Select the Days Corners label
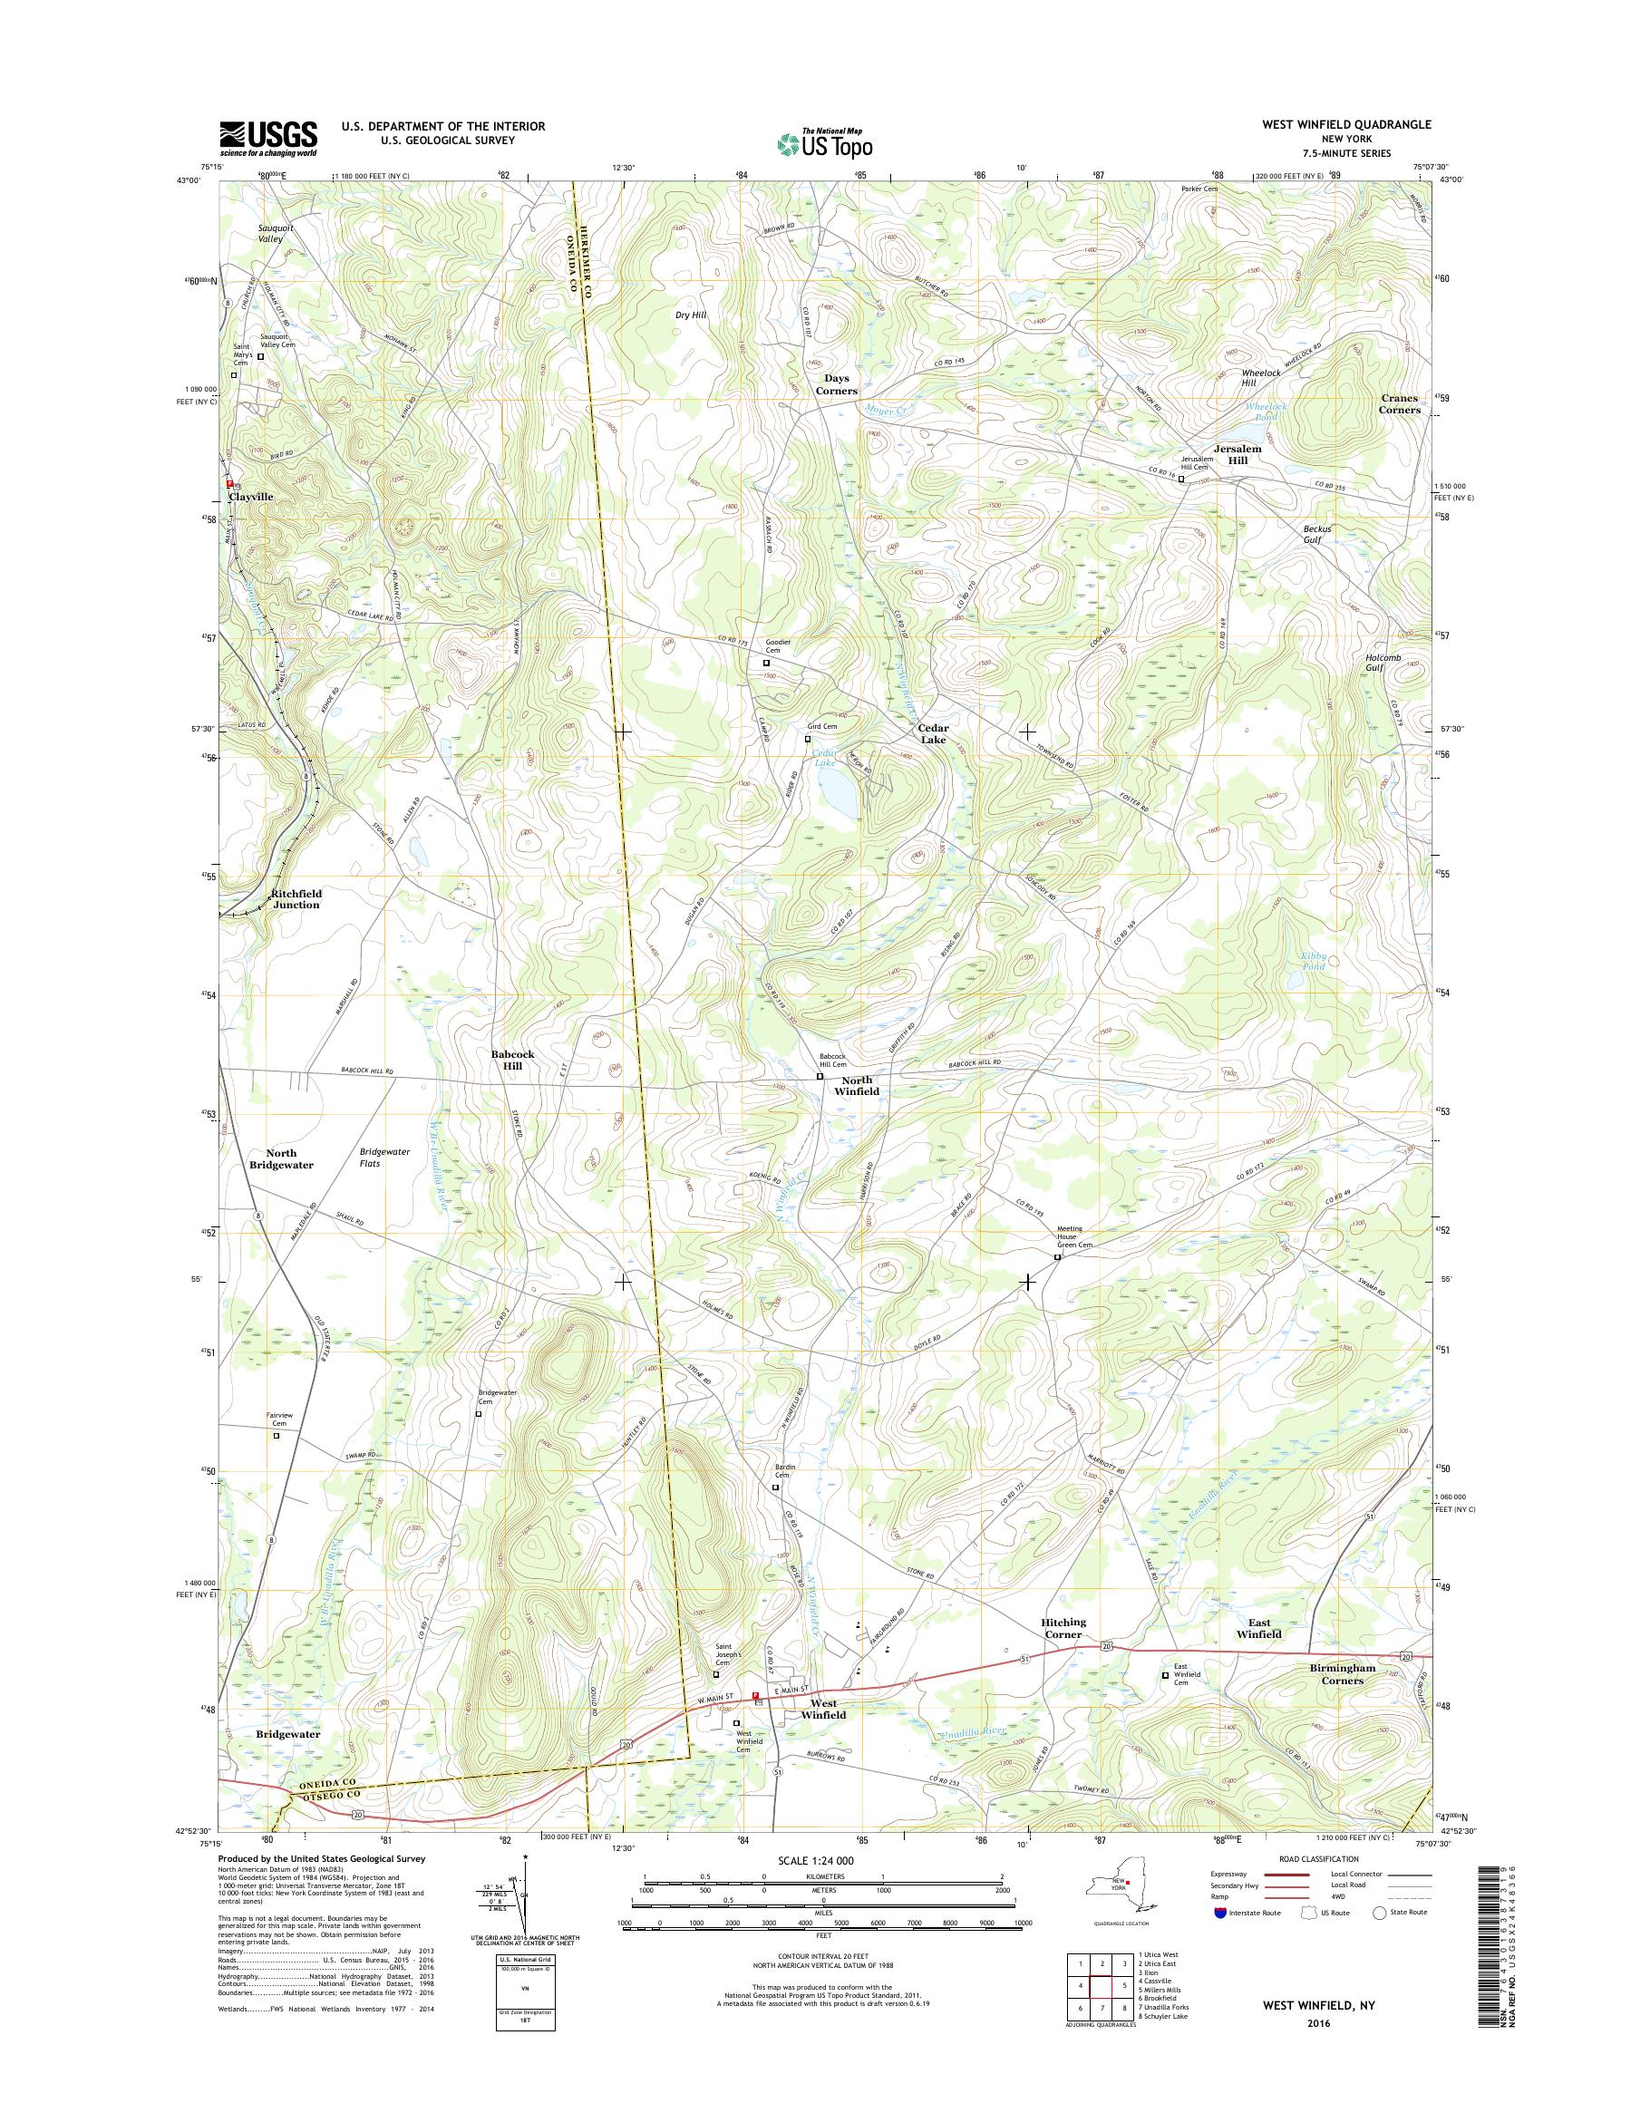click(x=837, y=384)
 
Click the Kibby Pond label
click(x=1313, y=961)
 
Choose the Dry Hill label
click(x=691, y=315)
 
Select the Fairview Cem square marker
click(x=276, y=1436)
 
